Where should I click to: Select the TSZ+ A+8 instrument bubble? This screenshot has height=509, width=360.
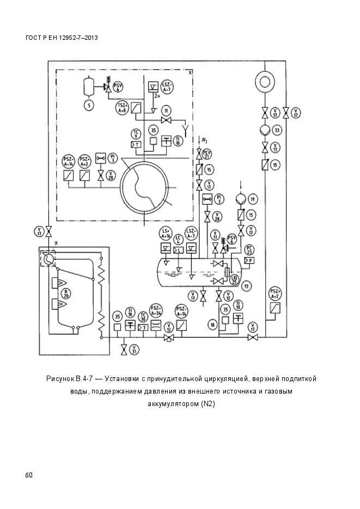[122, 107]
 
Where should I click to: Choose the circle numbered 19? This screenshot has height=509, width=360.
[252, 199]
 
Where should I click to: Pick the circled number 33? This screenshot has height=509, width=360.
[277, 131]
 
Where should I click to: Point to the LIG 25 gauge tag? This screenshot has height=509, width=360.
[235, 279]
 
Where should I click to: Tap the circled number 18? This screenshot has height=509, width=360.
[212, 325]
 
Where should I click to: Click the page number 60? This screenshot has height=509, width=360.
[29, 475]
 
